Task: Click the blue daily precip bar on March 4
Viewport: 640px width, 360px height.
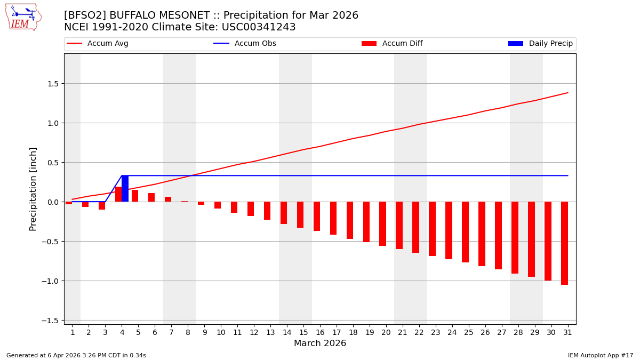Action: click(125, 189)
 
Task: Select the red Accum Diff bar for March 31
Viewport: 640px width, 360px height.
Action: click(564, 243)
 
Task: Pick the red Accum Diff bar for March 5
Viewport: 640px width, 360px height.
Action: click(135, 196)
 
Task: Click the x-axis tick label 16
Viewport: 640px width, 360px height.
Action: click(320, 332)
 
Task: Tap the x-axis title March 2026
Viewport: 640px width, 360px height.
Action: click(320, 344)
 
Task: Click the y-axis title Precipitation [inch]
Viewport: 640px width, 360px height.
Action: click(33, 189)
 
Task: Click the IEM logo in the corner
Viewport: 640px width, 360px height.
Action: click(23, 17)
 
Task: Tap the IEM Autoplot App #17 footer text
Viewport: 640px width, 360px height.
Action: click(600, 355)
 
